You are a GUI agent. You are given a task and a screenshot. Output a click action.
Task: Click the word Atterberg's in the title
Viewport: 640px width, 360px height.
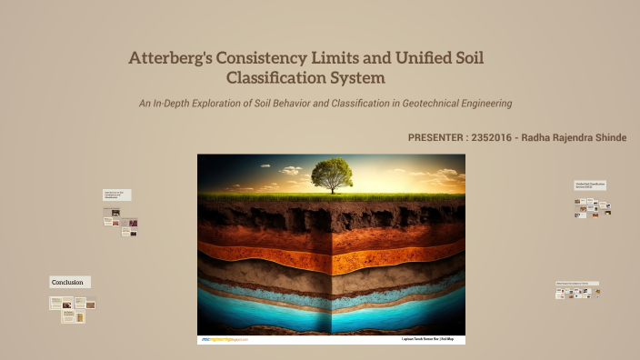coord(171,58)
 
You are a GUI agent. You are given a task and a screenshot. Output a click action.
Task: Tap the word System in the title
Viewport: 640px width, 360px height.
coord(348,78)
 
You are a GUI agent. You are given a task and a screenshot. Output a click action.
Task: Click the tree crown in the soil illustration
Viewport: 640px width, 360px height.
coord(331,170)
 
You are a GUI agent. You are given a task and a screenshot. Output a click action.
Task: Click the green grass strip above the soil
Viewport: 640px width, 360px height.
coord(273,195)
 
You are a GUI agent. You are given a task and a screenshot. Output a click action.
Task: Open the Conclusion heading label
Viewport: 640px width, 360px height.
coord(68,283)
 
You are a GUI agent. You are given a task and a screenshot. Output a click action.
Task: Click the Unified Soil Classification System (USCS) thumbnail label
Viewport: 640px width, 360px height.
coord(589,185)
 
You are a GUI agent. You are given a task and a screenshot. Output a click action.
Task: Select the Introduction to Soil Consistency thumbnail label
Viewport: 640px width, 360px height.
coord(116,195)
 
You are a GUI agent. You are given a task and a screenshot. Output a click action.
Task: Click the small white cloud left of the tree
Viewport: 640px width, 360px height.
coord(290,168)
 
